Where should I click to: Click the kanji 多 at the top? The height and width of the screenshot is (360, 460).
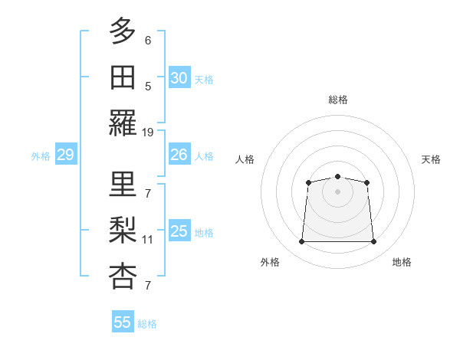click(x=123, y=31)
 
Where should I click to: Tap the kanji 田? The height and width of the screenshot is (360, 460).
click(x=123, y=77)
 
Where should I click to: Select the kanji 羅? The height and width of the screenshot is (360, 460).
click(x=123, y=123)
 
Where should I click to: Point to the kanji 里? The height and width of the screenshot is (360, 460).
click(x=123, y=184)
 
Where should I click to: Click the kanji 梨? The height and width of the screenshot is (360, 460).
click(x=123, y=230)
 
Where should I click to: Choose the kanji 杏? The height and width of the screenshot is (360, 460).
click(x=123, y=277)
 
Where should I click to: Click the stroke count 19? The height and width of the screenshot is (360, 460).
click(x=148, y=132)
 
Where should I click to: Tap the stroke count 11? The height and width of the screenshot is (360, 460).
click(x=148, y=239)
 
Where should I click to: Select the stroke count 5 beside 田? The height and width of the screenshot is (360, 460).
click(x=148, y=86)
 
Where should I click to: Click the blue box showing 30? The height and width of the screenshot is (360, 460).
click(x=179, y=78)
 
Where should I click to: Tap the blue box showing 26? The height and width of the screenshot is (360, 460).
click(x=179, y=155)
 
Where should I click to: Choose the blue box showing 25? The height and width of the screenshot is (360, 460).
click(x=179, y=231)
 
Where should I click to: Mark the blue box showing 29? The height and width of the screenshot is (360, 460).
click(x=65, y=155)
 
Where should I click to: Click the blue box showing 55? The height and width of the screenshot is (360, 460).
click(x=123, y=322)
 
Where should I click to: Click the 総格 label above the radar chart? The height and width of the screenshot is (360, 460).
click(x=337, y=100)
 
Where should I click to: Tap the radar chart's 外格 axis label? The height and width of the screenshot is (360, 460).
click(x=270, y=262)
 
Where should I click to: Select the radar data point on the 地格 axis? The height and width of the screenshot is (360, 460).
click(x=373, y=242)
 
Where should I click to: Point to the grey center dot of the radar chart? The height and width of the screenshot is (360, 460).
click(x=337, y=191)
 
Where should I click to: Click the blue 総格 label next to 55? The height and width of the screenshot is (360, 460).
click(x=147, y=324)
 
